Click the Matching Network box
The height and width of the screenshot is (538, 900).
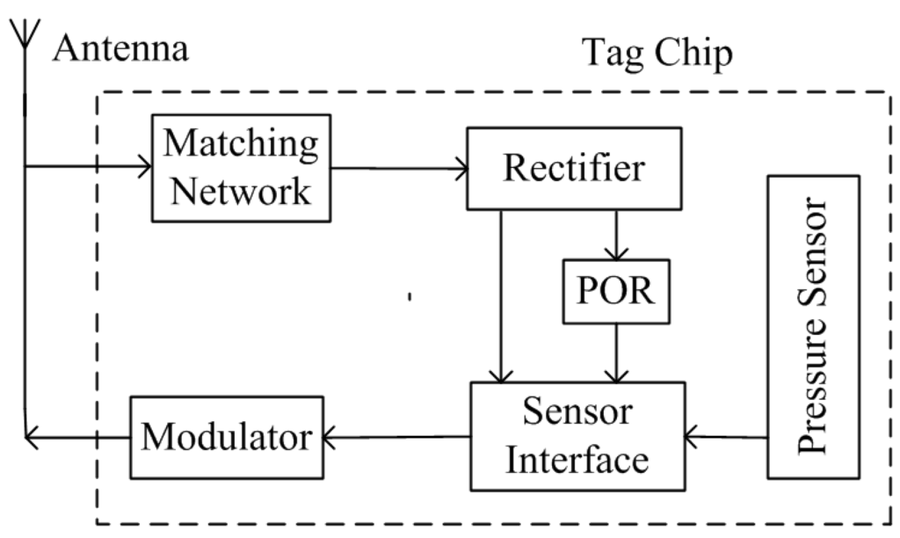tap(241, 168)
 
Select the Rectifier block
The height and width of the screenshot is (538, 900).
tap(574, 169)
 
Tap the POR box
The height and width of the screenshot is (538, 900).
tap(615, 291)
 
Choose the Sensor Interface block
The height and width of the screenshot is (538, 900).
tap(577, 435)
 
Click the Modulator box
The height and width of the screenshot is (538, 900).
tap(227, 435)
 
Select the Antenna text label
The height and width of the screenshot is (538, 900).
tap(120, 49)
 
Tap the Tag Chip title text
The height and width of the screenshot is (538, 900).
tap(657, 55)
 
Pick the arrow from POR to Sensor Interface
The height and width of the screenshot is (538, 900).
tap(615, 352)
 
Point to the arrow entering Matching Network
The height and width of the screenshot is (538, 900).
tap(88, 165)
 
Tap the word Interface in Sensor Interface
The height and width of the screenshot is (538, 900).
tap(577, 458)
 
